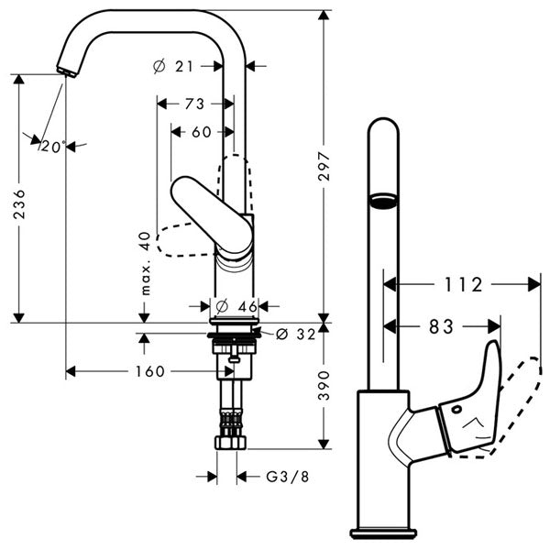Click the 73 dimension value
pos(193,104)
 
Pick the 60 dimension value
pos(201,131)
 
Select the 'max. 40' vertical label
pos(144,263)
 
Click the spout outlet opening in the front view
pos(382,199)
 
